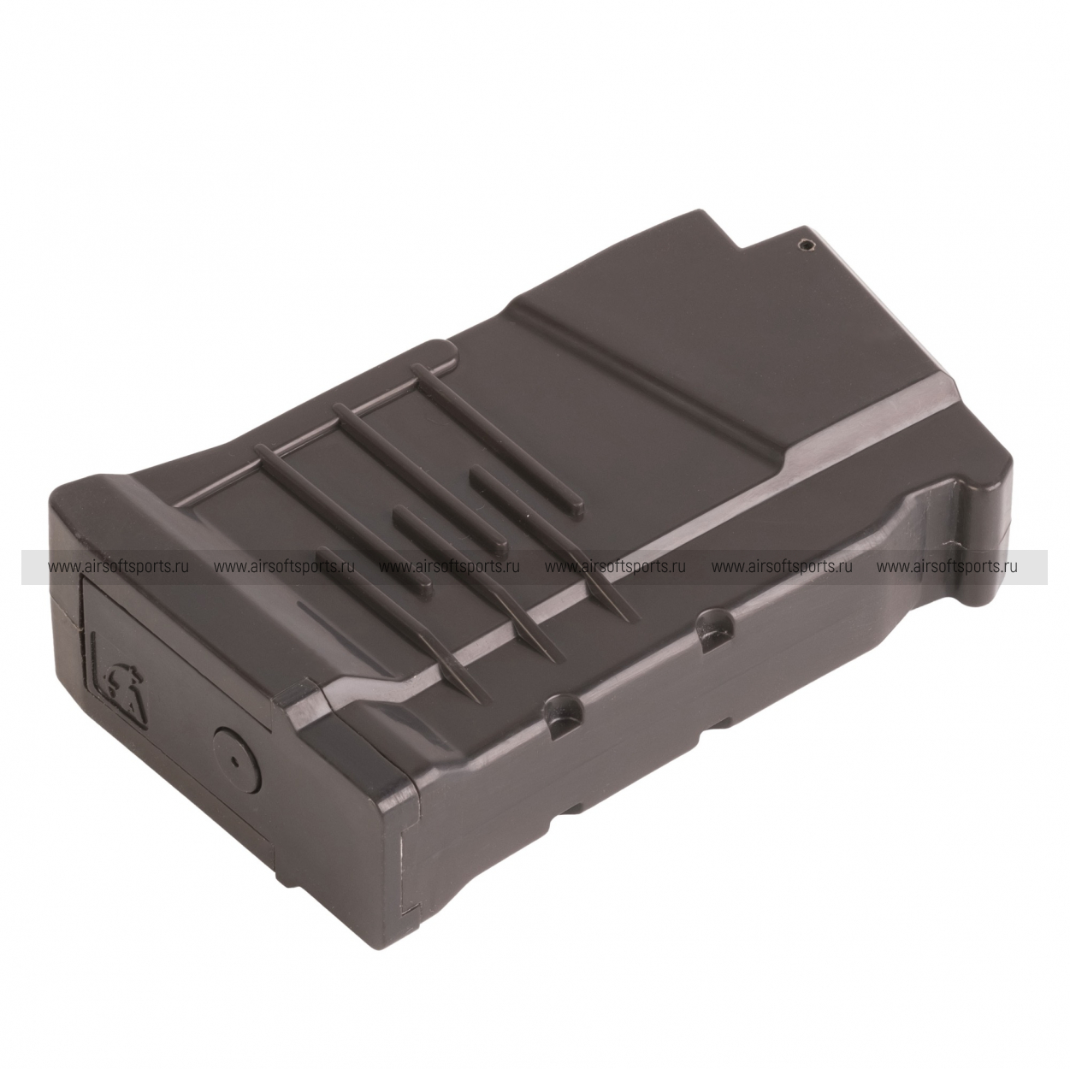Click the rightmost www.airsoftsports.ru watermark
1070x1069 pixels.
[948, 566]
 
